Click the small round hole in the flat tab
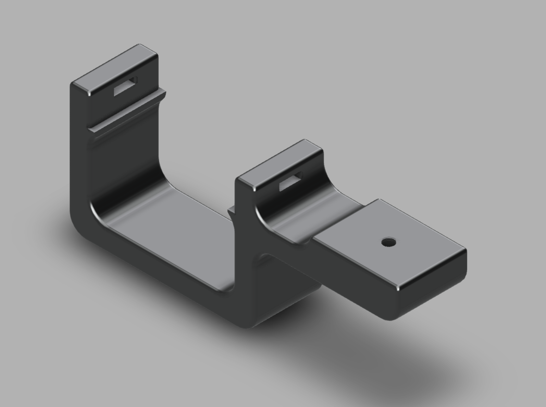[389, 242]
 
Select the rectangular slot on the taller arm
[125, 86]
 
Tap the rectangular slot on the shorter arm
[291, 181]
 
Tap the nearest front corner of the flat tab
[398, 288]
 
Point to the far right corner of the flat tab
[464, 250]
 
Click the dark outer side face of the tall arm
[80, 154]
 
